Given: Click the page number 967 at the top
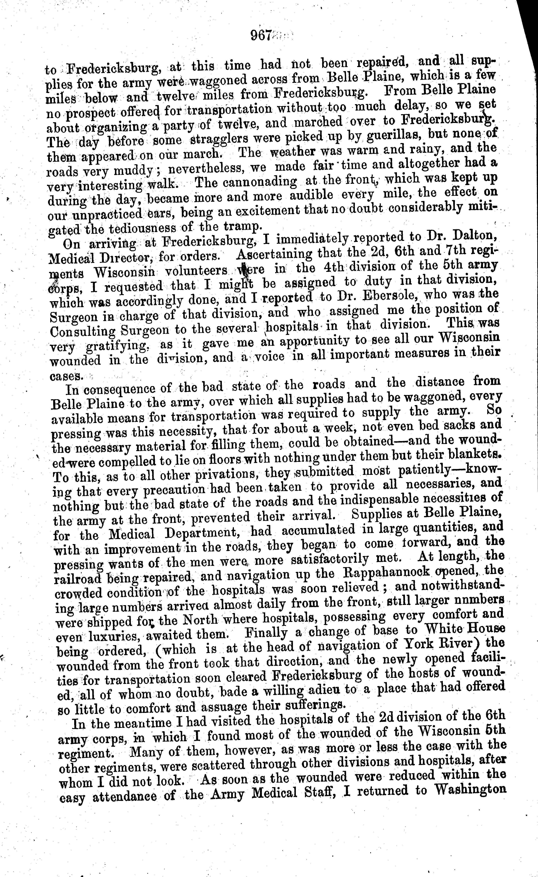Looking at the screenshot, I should [x=262, y=36].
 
